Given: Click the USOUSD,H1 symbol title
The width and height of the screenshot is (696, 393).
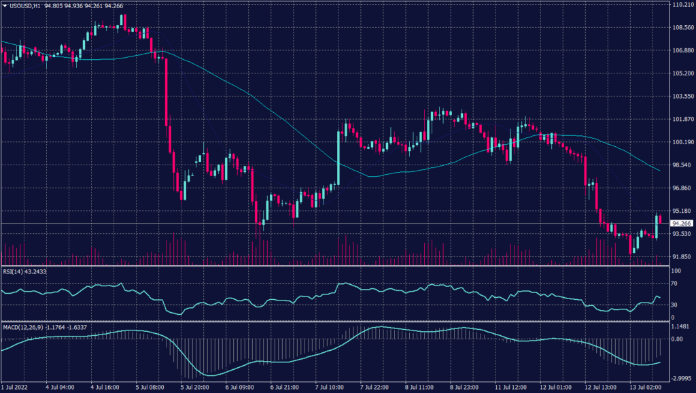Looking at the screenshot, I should point(29,5).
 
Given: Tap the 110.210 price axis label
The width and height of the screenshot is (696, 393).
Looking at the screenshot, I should point(682,5).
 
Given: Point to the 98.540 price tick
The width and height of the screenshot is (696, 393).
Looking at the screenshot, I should point(682,165).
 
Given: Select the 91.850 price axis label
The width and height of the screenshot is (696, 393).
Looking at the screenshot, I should point(682,257).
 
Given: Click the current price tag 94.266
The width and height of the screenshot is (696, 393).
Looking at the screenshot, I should point(682,223).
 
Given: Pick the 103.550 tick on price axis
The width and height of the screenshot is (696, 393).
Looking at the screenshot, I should point(682,97).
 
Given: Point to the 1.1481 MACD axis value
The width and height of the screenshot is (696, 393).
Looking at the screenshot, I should point(680,326).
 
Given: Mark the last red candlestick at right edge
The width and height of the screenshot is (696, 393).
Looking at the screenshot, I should point(660,219).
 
